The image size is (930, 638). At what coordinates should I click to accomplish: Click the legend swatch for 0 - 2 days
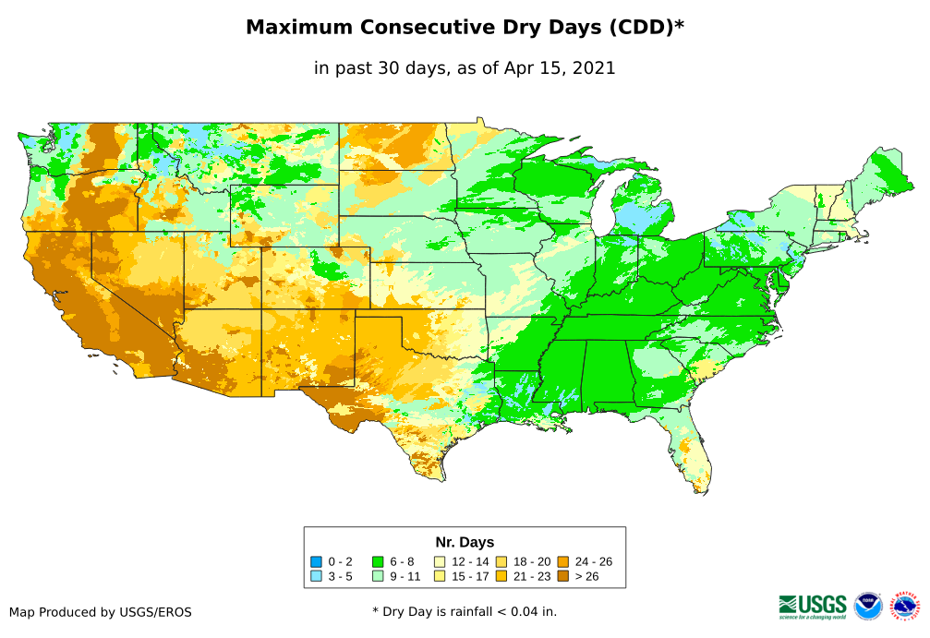pos(316,561)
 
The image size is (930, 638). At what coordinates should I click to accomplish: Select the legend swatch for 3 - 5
pos(316,576)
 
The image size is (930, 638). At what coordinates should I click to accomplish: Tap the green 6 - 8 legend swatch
pos(377,561)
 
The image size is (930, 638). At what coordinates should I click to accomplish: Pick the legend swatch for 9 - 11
pos(377,576)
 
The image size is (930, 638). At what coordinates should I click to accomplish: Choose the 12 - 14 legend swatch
pos(440,561)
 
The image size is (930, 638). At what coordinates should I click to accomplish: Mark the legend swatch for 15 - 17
pos(440,576)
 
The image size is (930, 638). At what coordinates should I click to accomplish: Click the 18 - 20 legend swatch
pos(501,561)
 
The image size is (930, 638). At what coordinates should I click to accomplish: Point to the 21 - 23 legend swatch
pos(501,576)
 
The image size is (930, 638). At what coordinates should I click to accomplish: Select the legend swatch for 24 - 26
pos(562,561)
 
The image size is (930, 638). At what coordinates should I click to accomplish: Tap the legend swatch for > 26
pos(562,576)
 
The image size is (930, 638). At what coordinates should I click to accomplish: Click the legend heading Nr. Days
pos(465,542)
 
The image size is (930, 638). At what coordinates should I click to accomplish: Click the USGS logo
pos(813,606)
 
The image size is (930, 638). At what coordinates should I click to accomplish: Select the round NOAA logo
pos(868,606)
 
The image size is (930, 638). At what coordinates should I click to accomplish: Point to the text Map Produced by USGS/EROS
pos(101,612)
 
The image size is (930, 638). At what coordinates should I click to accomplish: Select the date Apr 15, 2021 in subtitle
pos(559,68)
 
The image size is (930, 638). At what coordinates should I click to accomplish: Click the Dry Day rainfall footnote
pos(465,611)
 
